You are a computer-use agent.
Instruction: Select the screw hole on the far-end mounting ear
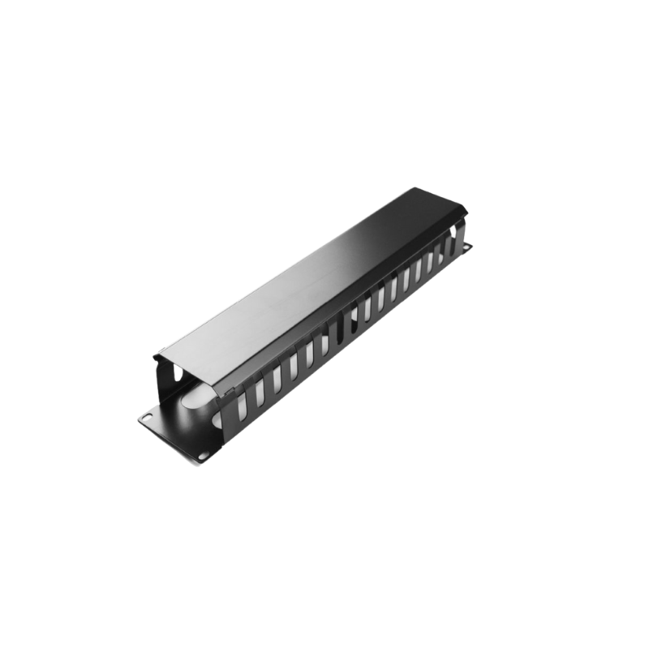468,246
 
